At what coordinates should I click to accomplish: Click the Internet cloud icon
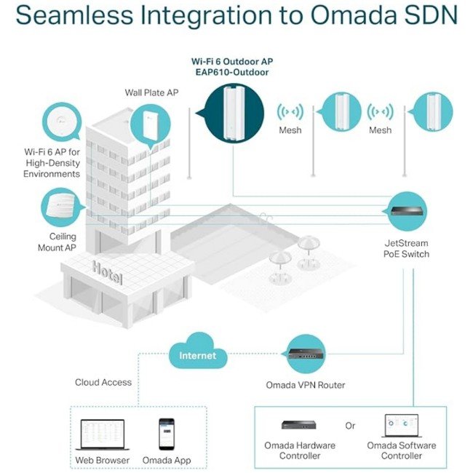pyautogui.click(x=198, y=354)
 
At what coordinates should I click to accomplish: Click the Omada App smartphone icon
pyautogui.click(x=167, y=434)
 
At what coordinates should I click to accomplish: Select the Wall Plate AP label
pyautogui.click(x=152, y=94)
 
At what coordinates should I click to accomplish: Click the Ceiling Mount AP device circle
pyautogui.click(x=62, y=209)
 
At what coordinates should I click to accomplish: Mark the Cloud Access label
pyautogui.click(x=103, y=383)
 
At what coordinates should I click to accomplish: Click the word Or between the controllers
pyautogui.click(x=351, y=425)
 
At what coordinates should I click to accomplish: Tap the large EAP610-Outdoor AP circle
pyautogui.click(x=234, y=113)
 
